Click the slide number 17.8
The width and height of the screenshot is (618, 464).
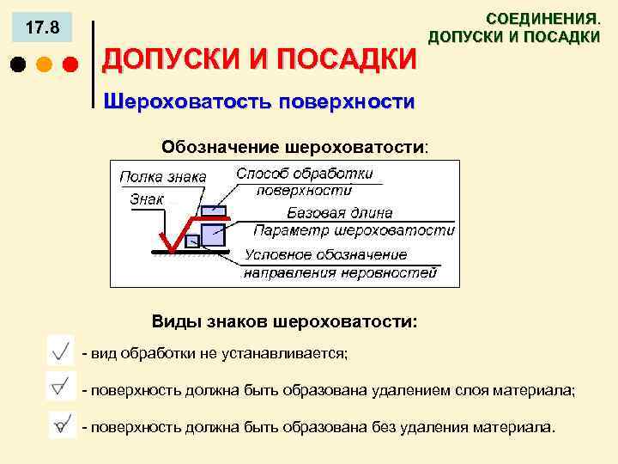42,29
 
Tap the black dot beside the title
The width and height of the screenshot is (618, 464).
16,64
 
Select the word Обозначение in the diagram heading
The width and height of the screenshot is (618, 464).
210,146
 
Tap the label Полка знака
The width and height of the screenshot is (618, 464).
162,176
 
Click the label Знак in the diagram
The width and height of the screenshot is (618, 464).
146,198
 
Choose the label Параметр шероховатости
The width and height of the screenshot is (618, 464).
354,230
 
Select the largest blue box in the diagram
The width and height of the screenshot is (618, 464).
212,234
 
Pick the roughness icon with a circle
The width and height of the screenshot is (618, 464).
62,424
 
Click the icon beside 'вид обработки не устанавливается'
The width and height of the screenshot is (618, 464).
62,352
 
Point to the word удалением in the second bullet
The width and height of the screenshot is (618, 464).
406,390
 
